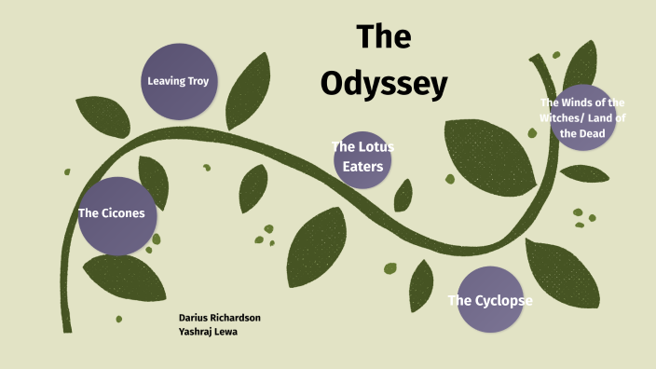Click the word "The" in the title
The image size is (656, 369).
383,37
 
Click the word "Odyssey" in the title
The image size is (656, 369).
384,83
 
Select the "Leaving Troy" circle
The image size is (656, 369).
177,81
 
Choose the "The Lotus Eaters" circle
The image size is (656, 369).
362,156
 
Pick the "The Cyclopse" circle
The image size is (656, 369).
489,300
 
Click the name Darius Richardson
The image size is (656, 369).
220,318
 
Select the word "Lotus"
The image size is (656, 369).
369,146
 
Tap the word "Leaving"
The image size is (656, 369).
165,81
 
